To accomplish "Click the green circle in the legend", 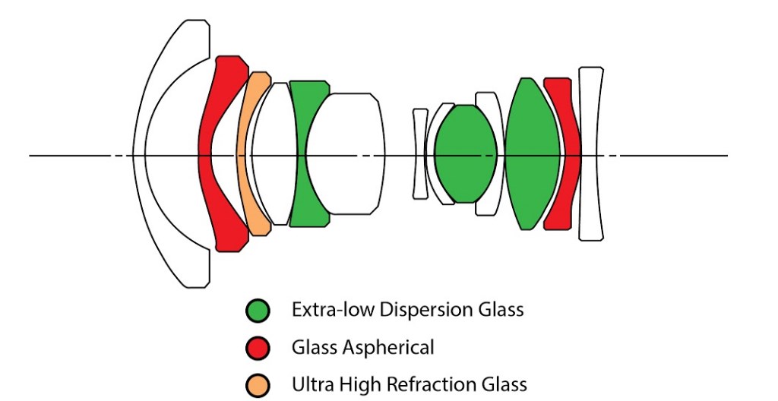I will click(x=258, y=311).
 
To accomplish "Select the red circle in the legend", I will click(x=258, y=348).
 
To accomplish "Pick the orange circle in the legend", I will click(x=258, y=385).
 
